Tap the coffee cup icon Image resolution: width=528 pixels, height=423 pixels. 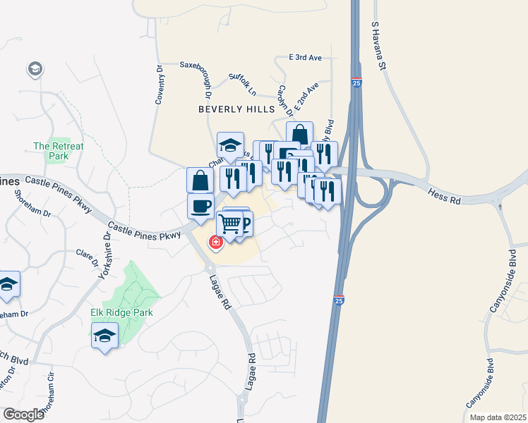click(x=200, y=207)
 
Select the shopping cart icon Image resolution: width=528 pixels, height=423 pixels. click(x=229, y=225)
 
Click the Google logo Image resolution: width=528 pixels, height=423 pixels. click(x=23, y=414)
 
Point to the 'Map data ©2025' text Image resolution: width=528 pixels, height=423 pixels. click(x=497, y=417)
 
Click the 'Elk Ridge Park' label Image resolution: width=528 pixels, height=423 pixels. click(x=122, y=312)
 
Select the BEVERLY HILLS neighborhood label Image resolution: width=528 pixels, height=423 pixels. click(x=236, y=109)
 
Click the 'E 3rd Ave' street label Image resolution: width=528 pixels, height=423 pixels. click(x=305, y=57)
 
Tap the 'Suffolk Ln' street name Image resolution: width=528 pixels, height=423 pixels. click(x=242, y=83)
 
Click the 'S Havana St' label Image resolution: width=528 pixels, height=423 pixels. click(x=380, y=47)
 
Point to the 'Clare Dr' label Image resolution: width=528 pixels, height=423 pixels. click(x=87, y=258)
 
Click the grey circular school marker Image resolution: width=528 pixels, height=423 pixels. click(x=34, y=69)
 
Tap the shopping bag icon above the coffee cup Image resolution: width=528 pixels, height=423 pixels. click(x=200, y=180)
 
